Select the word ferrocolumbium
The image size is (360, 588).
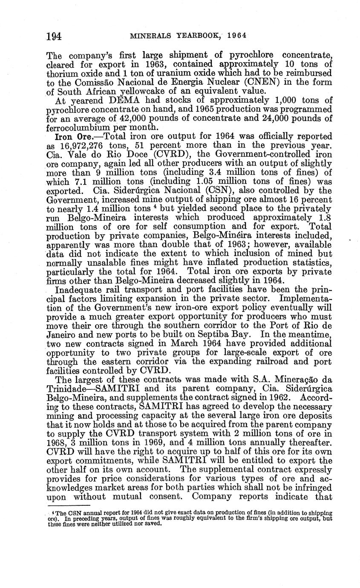(80, 128)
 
